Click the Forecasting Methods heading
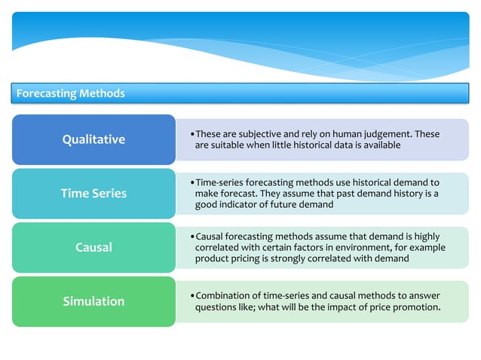[x=70, y=93]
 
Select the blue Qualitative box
[x=93, y=139]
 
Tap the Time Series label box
[x=93, y=194]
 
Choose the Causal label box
[x=93, y=247]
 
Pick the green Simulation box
[x=93, y=301]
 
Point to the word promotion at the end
[x=416, y=307]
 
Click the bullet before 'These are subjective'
[x=192, y=135]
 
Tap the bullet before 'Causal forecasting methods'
[x=192, y=237]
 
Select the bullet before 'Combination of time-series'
[x=192, y=296]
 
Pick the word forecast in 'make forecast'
[x=240, y=194]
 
